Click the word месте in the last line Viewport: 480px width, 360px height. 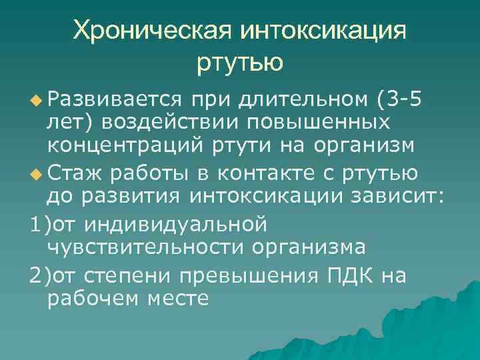(180, 297)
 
